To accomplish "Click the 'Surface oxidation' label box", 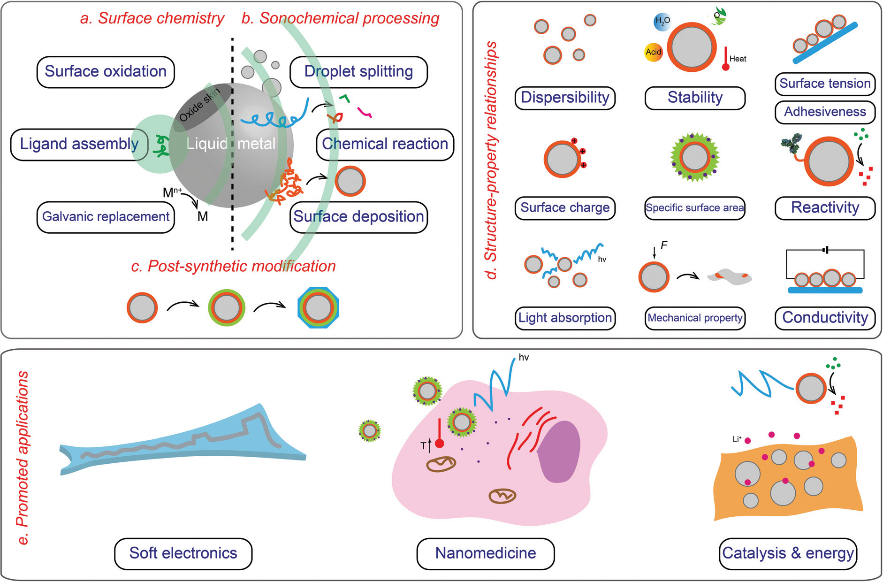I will coord(106,72).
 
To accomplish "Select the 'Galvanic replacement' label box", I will coord(106,217).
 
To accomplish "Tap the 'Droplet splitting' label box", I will coord(358,72).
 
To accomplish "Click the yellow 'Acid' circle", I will coord(653,52).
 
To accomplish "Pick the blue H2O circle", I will coord(662,22).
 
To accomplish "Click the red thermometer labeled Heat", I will coord(725,59).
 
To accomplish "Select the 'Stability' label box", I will coord(695,98).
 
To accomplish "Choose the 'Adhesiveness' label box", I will coord(825,112).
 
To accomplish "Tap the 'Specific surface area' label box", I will coord(695,208).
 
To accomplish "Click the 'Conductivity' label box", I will coord(825,318).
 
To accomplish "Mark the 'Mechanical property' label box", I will coord(695,318).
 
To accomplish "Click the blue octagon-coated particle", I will coord(319,308).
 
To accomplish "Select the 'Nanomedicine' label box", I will coord(486,553).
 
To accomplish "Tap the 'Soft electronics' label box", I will coord(183,553).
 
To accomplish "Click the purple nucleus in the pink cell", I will coord(559,452).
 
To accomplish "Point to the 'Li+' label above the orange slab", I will coord(737,439).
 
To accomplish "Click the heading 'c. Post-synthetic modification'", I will coord(233,266).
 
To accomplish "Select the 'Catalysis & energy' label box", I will coord(788,553).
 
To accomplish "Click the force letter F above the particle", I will coord(663,245).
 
